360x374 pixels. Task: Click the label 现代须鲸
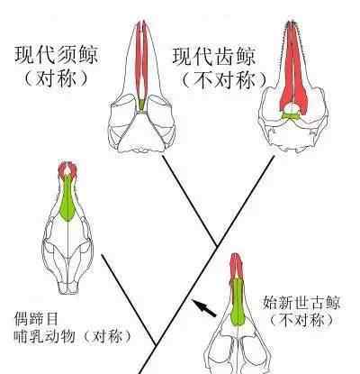pos(57,55)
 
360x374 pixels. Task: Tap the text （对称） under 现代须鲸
pos(57,79)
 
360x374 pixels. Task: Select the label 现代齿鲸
pos(214,57)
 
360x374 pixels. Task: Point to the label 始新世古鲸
pos(301,303)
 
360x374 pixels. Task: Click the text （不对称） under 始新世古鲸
pos(301,320)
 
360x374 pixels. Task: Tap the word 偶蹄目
pos(36,319)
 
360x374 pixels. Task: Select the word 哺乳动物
pos(44,336)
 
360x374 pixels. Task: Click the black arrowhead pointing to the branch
pos(197,304)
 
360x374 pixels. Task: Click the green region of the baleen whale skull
pos(141,105)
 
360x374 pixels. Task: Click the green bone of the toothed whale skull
pos(291,115)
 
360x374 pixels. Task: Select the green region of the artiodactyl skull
pos(67,200)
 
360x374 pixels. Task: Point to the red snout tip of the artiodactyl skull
pos(67,169)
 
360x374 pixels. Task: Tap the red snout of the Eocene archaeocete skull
pos(237,266)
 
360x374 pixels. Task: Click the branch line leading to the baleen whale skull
pos(189,201)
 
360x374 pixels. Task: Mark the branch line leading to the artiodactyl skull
pos(129,300)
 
